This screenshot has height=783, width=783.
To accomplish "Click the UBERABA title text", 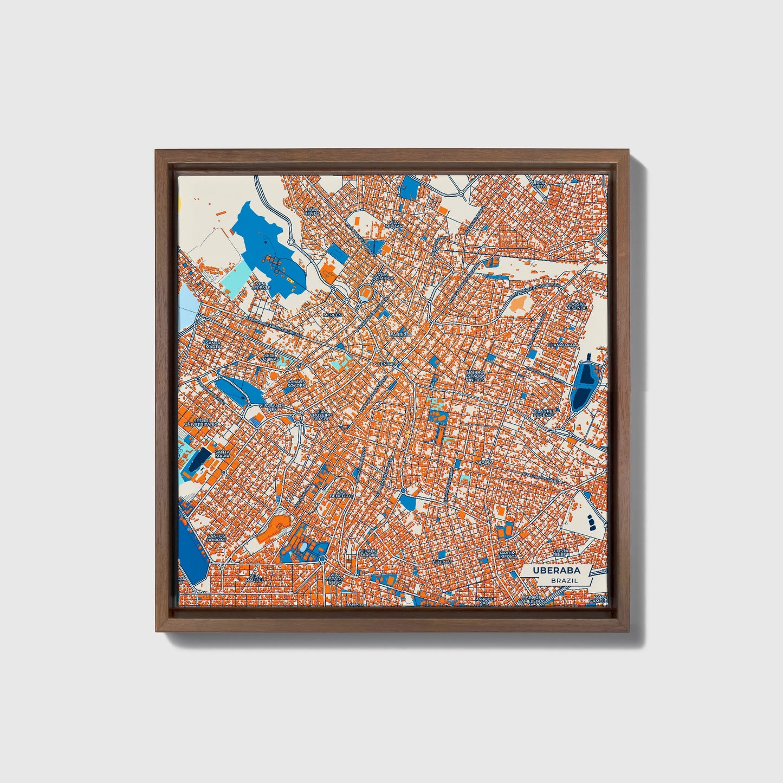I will coord(556,571).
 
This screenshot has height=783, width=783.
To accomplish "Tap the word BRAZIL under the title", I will coord(564,580).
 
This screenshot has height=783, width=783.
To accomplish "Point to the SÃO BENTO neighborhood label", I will coord(312,211).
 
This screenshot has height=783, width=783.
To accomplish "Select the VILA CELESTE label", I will coord(261,285).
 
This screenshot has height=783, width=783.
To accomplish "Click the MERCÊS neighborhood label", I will coord(332,315).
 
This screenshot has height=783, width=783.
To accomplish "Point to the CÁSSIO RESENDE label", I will coord(576,306).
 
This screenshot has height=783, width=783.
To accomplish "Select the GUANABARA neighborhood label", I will coord(561,345).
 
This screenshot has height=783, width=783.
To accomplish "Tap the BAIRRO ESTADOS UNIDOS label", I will coord(475,376).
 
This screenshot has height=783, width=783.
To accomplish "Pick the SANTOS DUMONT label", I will coord(216,539).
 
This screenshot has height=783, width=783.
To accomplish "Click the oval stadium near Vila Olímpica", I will coord(366,294).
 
